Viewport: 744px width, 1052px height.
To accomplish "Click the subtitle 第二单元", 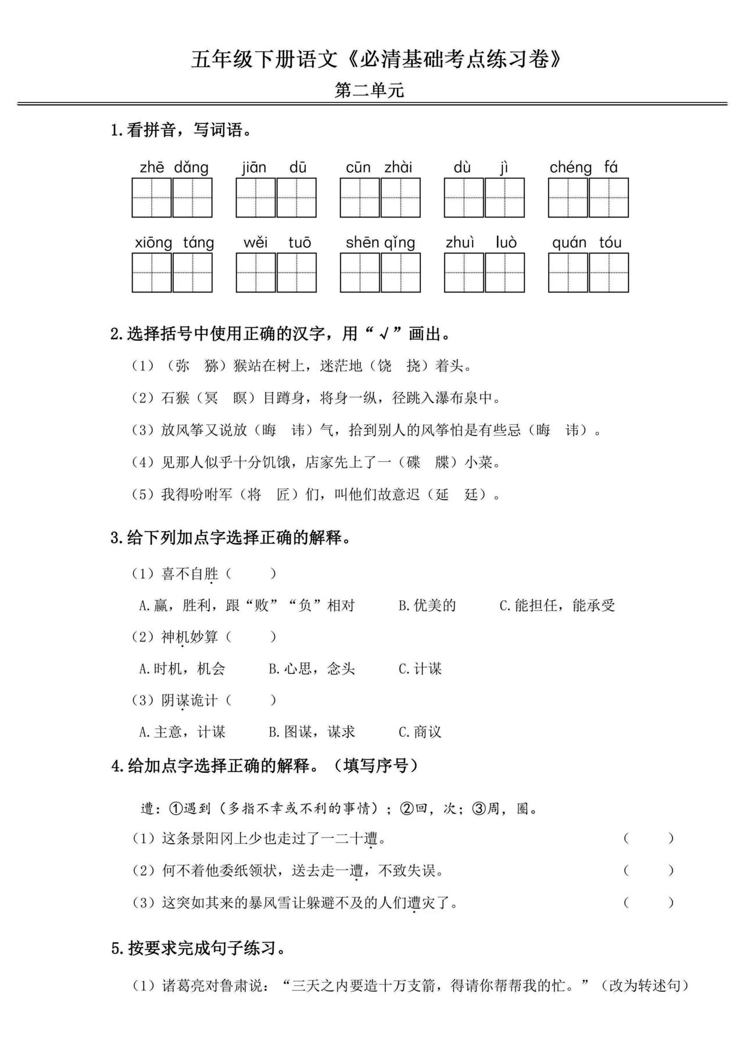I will [369, 90].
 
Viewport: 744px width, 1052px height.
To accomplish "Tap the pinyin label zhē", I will [152, 167].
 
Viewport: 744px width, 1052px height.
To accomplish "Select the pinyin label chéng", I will [570, 167].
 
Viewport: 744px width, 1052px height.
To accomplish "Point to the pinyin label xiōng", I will [153, 243].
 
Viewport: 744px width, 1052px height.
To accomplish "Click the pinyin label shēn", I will [362, 243].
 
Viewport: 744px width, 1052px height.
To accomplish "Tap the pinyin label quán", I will [569, 243].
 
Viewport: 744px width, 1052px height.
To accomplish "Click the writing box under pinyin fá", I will [609, 198].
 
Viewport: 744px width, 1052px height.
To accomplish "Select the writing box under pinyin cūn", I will [360, 198].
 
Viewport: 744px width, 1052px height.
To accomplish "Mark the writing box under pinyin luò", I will [505, 272].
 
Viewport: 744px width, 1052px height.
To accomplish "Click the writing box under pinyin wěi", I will [256, 272].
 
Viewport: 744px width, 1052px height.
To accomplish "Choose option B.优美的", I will [427, 605].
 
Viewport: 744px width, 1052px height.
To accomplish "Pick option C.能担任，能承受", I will [557, 605].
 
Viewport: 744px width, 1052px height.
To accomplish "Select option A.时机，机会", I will [182, 669].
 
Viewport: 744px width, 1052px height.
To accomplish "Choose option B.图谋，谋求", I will [312, 732].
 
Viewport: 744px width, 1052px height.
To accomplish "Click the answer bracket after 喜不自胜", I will [251, 574].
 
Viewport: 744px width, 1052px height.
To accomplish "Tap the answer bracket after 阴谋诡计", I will [251, 700].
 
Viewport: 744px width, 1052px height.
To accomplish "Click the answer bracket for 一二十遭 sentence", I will [648, 839].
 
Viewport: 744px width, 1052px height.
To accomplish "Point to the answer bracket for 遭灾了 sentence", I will [648, 903].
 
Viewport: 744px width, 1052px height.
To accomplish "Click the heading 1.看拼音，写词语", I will [181, 130].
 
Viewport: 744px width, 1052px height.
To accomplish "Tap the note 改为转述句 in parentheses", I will [645, 986].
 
